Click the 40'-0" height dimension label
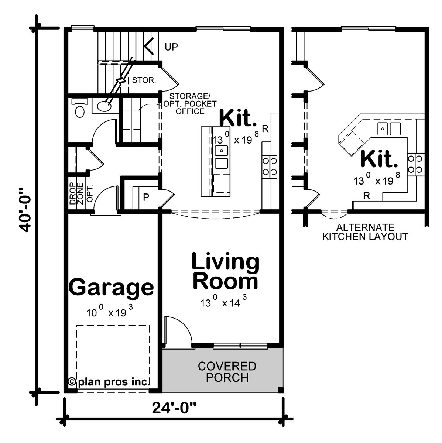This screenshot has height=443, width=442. (25, 210)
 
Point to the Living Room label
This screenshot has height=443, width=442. (225, 271)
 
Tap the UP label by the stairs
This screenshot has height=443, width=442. (171, 47)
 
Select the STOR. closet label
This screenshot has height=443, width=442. (144, 80)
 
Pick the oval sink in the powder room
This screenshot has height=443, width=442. (104, 106)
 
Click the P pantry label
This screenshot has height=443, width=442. (146, 197)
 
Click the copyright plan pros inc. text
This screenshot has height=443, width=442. (109, 382)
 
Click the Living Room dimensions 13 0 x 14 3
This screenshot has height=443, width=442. (223, 301)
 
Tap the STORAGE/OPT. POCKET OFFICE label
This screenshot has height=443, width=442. (190, 104)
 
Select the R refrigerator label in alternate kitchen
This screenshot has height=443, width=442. (366, 196)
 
